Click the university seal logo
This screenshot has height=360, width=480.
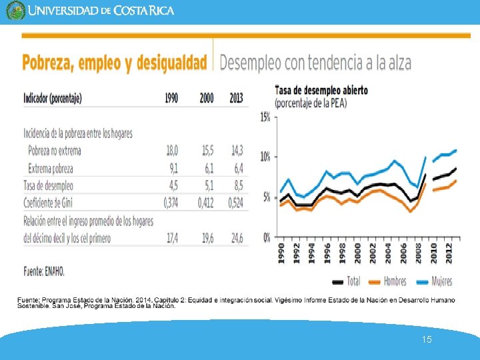[15, 11]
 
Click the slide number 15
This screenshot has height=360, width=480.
[427, 340]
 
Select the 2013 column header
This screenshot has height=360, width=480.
[236, 98]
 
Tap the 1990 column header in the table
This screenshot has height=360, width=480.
[171, 98]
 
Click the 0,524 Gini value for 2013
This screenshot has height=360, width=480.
[236, 203]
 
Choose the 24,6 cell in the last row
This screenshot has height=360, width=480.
[237, 237]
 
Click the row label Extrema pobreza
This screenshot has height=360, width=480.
[51, 168]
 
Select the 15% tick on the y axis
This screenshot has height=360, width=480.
[265, 117]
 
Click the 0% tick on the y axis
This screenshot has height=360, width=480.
[266, 237]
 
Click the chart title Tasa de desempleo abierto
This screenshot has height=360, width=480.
[321, 90]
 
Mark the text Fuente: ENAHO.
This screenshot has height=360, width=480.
[45, 271]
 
